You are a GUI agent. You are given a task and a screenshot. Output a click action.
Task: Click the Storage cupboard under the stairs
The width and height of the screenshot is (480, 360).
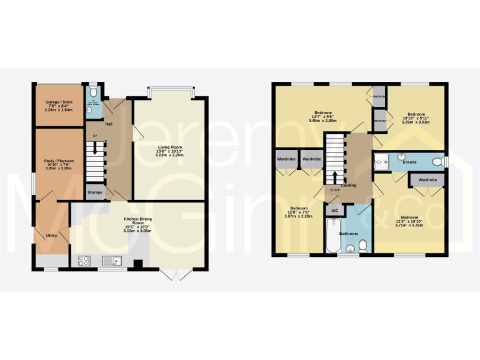tap(95, 192)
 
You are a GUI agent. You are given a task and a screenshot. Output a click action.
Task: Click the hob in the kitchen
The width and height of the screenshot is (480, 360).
tap(84, 260)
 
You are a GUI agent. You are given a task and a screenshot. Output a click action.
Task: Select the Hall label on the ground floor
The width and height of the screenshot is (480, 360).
tap(109, 124)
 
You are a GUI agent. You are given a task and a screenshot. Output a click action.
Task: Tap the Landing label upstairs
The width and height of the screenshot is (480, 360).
tap(349, 186)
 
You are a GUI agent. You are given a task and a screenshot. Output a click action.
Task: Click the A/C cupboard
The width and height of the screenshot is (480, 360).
tap(334, 211)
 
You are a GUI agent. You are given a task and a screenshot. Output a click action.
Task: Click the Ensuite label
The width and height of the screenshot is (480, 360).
tap(410, 162)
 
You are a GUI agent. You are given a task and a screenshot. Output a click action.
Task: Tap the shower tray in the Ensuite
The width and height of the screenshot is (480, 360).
tap(381, 162)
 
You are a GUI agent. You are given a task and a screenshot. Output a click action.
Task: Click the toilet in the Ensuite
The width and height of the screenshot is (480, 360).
tap(441, 162)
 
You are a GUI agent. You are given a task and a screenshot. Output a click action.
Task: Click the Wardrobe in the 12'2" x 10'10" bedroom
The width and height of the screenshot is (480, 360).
tap(427, 180)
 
